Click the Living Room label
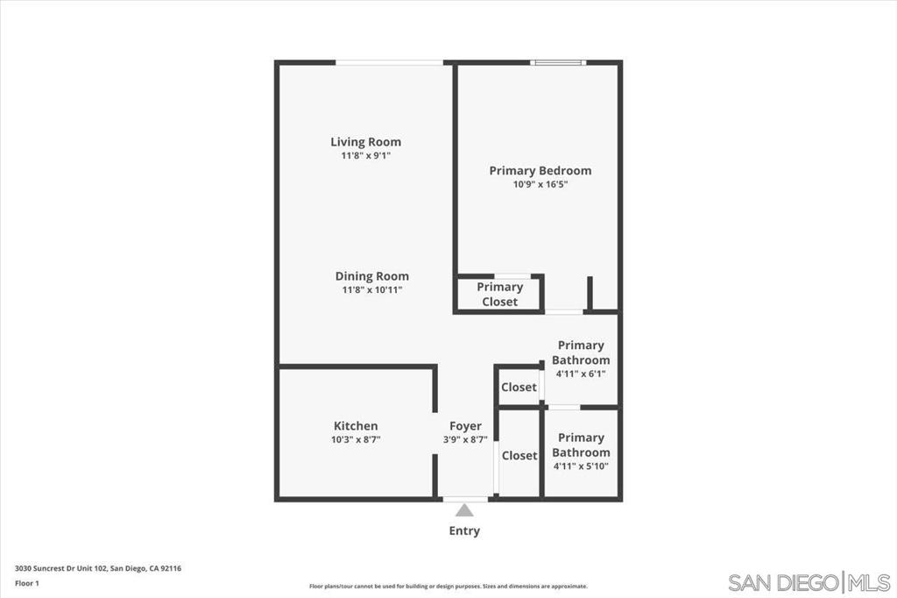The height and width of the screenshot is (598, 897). coord(365,141)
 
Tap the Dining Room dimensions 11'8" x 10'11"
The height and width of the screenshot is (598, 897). coord(371,290)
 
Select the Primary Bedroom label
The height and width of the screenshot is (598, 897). coord(540,170)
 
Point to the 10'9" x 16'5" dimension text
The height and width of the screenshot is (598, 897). coord(540,184)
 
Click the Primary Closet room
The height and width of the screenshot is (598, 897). coord(499,295)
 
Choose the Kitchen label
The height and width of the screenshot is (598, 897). coord(356,425)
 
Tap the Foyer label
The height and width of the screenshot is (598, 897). coord(465,426)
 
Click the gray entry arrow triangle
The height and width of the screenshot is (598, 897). coord(464,509)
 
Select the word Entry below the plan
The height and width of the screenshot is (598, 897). coord(464,531)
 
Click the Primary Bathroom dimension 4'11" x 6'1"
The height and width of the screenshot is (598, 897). coord(581,374)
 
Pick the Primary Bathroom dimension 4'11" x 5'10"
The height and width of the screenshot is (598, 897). coord(581,466)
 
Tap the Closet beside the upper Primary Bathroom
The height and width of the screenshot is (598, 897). coord(519,388)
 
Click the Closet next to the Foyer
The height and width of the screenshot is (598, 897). coord(519,455)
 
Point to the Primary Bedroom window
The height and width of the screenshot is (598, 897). coord(558,62)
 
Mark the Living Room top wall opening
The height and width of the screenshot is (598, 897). coord(389,62)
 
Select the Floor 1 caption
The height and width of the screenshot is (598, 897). coord(27,584)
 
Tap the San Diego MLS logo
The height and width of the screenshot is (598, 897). coord(809,582)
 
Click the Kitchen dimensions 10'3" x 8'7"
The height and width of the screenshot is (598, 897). coord(356,440)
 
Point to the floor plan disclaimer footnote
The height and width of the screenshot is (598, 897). coord(448,586)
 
